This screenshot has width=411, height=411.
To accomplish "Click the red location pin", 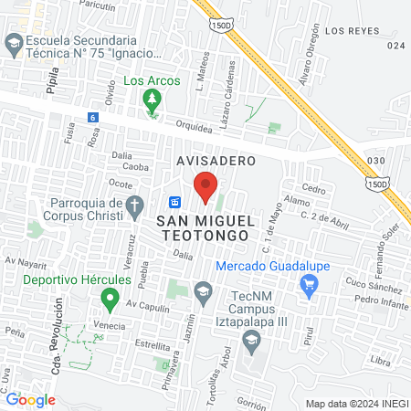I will coord(206,185).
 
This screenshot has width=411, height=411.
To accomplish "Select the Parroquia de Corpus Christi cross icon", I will coord(134,205).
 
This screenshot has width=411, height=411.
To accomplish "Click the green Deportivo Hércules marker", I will coord(111,297).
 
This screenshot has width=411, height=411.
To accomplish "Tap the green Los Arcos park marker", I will coord(152,106).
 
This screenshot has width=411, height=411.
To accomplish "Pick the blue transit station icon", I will coord(176,202).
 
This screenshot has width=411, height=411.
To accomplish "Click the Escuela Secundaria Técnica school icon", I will coord(14,43).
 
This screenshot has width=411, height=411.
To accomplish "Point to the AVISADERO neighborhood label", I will coord(216,161).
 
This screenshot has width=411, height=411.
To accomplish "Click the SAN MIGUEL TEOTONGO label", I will coord(204,227).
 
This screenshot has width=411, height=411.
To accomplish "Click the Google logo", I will coord(30,399).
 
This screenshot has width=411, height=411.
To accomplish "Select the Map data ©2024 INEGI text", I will coord(355,404).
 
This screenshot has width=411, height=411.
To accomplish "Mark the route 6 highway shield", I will coord(93,118).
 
